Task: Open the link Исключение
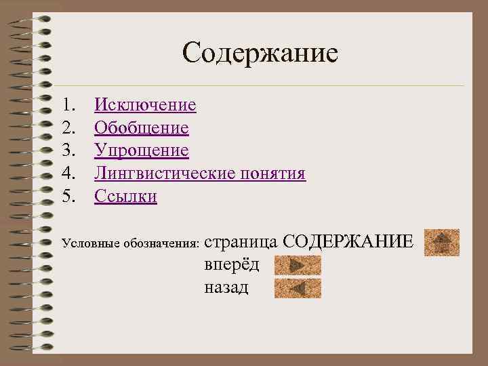(145, 105)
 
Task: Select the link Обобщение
(142, 128)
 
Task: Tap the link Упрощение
(142, 150)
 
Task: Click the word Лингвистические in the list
(165, 174)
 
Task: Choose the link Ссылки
(125, 197)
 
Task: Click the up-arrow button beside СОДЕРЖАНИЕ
(442, 243)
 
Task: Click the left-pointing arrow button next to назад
(298, 289)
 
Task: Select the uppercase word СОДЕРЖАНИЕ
(346, 241)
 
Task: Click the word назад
(226, 287)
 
